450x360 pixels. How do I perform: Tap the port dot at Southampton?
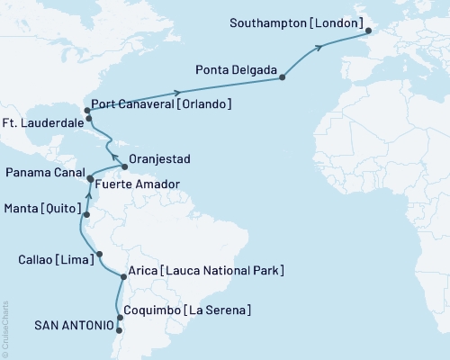367,32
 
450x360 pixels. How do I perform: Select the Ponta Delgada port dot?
283,77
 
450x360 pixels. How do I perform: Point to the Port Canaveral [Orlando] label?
162,104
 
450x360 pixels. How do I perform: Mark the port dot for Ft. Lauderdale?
89,119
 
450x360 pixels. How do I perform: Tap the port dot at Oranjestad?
124,167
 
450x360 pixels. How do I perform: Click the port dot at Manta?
86,215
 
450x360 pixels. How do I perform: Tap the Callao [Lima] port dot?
100,254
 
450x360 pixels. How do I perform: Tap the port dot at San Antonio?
120,330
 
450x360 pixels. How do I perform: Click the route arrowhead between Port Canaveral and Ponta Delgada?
178,92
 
